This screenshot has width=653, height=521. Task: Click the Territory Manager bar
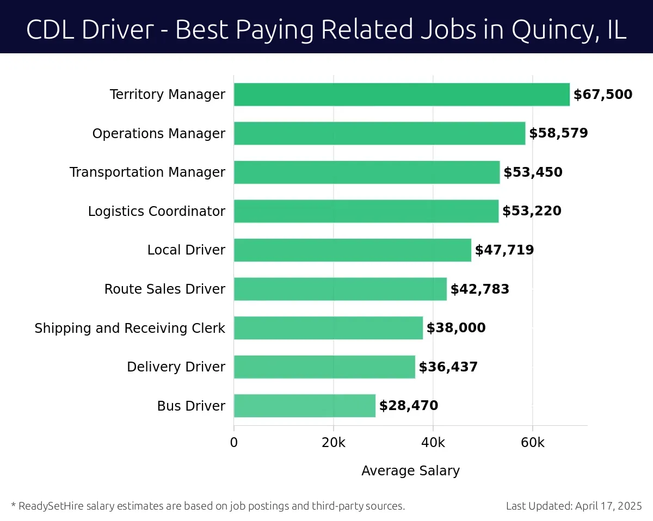point(402,95)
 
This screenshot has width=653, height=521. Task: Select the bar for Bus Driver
point(305,406)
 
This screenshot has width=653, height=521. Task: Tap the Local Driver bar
point(353,250)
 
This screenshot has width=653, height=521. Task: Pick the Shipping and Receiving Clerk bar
point(328,328)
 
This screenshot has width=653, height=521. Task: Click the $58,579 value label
point(558,133)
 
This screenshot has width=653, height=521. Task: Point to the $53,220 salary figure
point(532,211)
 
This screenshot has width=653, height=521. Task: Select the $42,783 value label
point(480,289)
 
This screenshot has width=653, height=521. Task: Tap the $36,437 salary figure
point(448,367)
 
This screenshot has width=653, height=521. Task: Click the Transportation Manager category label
point(147,172)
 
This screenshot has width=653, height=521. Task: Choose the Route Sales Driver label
point(165,289)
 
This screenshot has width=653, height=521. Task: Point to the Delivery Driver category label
point(176,367)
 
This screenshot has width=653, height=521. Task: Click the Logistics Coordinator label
point(157,211)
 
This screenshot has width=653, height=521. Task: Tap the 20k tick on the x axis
point(334,443)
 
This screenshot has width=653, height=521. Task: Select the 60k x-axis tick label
point(532,443)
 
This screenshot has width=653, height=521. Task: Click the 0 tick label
point(234,443)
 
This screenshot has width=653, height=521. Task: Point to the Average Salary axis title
point(410,471)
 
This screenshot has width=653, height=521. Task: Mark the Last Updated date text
point(574,506)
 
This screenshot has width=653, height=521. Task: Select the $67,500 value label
point(603,95)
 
